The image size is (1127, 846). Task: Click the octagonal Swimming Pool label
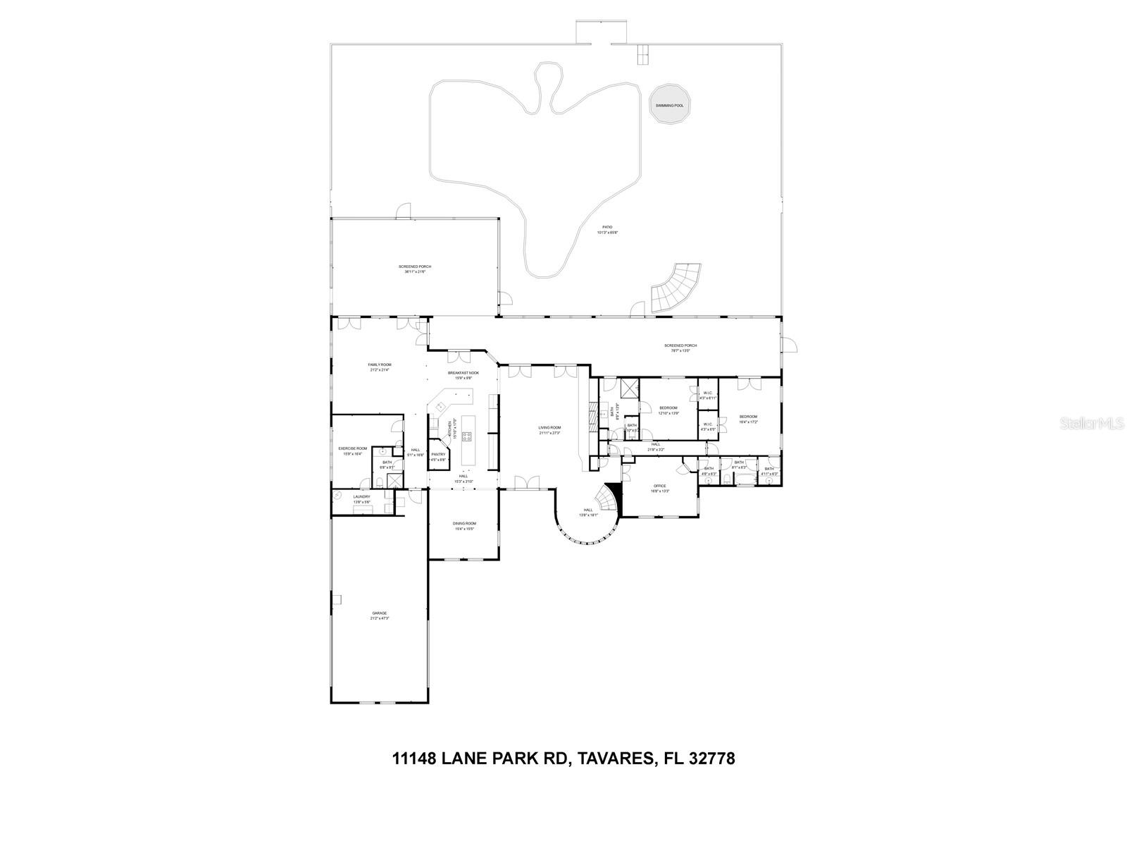(669, 105)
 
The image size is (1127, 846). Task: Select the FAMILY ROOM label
(379, 367)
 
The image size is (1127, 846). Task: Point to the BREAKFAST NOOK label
(463, 374)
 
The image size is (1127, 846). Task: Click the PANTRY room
(439, 457)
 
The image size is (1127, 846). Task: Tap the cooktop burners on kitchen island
(466, 436)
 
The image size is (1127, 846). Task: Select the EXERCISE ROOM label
(353, 450)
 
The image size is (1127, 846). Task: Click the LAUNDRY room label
(361, 498)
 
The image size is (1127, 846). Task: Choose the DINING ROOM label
(463, 525)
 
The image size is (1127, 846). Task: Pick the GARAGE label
(379, 615)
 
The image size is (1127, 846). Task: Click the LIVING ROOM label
(549, 429)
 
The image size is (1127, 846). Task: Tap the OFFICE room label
(659, 488)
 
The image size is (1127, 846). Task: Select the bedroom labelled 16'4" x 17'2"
(748, 419)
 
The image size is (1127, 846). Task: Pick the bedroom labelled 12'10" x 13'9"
(668, 410)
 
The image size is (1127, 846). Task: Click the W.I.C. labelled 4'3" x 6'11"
(708, 396)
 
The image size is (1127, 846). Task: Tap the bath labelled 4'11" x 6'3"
(768, 471)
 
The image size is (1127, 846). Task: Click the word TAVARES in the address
(611, 759)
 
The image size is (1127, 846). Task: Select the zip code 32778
(711, 759)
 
